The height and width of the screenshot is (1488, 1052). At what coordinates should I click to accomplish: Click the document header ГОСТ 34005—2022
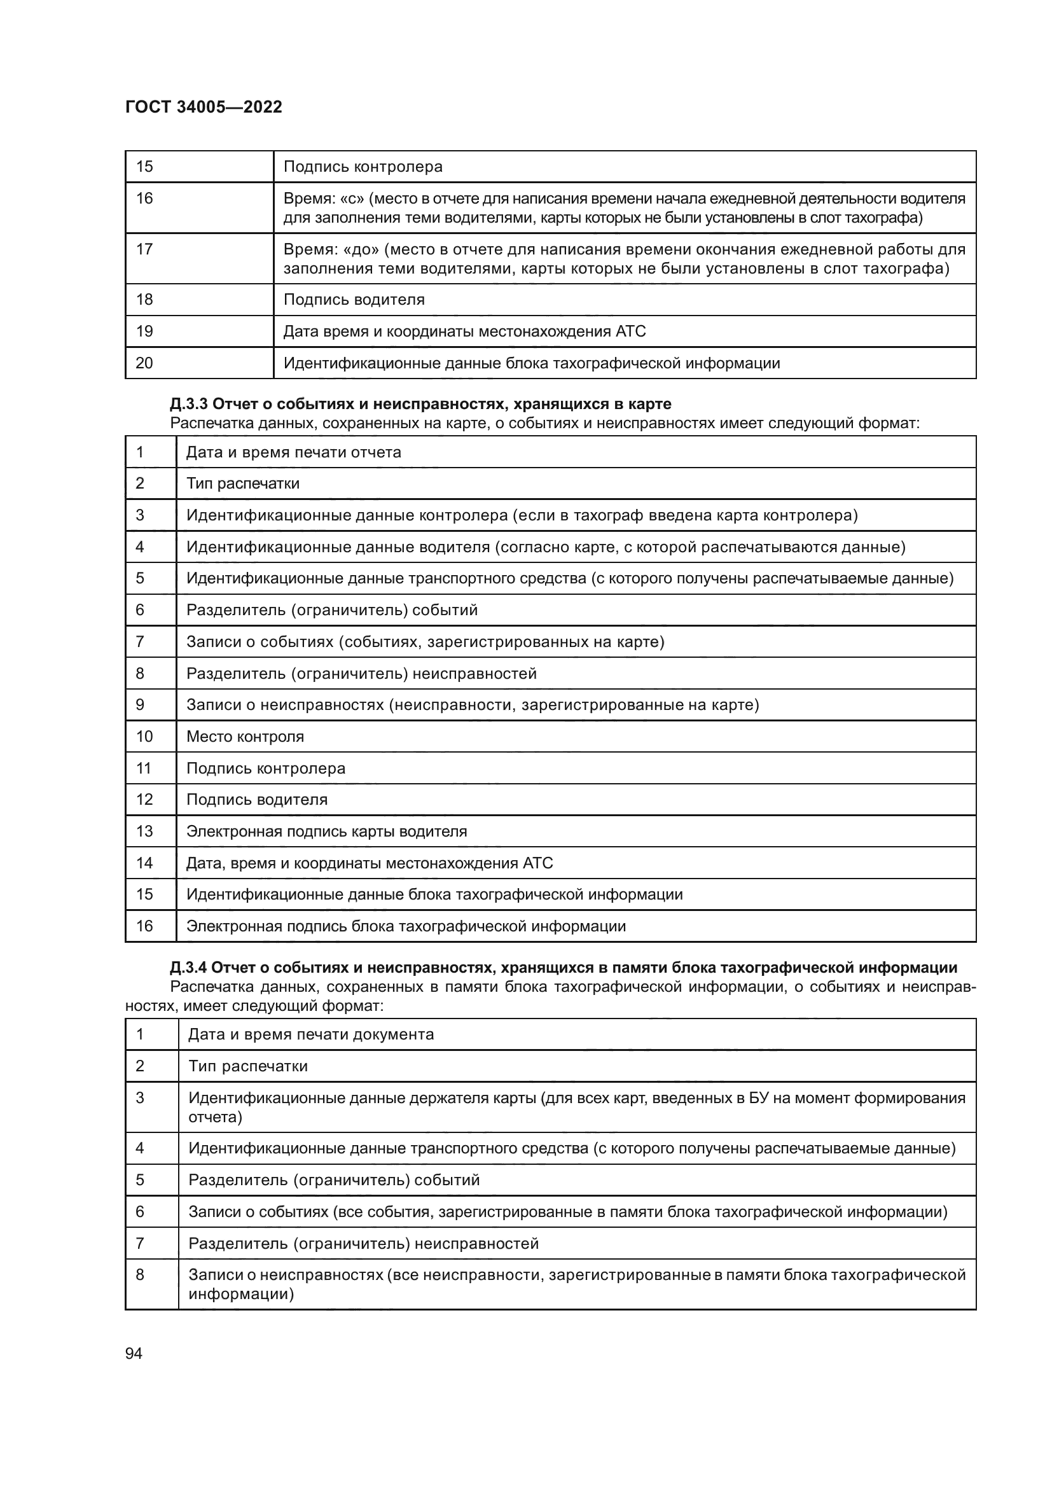pos(204,107)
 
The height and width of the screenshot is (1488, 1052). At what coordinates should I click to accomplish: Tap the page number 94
pos(134,1353)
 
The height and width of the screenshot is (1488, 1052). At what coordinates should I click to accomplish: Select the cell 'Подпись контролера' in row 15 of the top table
pos(363,167)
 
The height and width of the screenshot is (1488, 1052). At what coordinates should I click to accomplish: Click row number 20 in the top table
pos(144,363)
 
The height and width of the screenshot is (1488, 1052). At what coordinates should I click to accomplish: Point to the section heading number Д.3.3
pos(188,405)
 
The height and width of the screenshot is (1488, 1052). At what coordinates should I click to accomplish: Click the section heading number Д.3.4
pos(188,968)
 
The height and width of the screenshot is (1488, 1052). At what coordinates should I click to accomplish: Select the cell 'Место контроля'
pos(245,736)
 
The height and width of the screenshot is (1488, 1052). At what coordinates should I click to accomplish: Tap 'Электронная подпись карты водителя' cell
pos(326,831)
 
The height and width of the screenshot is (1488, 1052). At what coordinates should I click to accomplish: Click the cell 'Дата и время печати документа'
pos(311,1034)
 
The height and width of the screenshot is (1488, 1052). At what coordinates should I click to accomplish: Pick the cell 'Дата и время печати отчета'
pos(293,452)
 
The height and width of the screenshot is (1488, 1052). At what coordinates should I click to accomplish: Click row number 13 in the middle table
pos(144,831)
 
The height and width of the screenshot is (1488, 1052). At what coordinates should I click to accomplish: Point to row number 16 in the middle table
pos(144,926)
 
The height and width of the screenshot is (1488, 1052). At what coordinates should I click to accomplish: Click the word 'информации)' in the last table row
pos(241,1295)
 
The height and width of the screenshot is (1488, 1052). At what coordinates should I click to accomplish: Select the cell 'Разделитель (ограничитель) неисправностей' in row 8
pos(361,673)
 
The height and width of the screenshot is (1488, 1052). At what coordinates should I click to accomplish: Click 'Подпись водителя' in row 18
pos(354,300)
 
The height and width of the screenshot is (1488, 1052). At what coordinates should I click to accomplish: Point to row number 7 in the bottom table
pos(140,1244)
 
